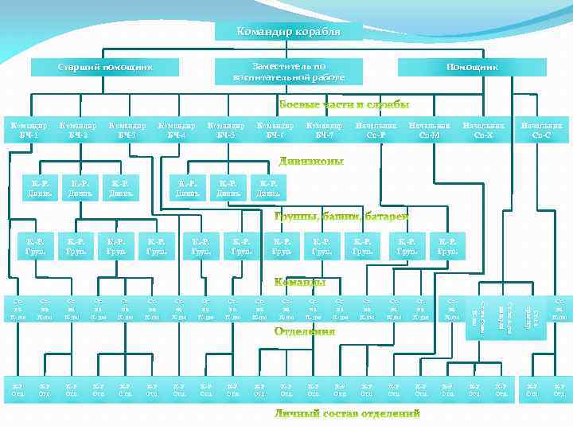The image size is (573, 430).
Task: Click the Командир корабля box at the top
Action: (289, 32)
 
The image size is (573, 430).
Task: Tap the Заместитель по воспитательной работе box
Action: (289, 72)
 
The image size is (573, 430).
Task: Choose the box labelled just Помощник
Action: (472, 67)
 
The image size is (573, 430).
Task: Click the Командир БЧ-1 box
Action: (27, 130)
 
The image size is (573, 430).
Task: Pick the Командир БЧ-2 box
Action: (77, 130)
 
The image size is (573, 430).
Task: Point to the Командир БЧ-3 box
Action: (127, 130)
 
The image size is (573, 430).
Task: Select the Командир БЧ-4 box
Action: (177, 130)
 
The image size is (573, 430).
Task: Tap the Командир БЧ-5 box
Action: (225, 130)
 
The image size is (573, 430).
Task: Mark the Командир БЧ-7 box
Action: (324, 130)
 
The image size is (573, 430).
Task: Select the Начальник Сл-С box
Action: (540, 130)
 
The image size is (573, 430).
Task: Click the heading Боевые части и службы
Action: (345, 105)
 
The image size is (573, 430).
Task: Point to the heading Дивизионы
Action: (311, 162)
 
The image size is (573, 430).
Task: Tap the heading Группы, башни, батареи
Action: (341, 217)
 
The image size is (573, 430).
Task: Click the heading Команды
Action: (299, 282)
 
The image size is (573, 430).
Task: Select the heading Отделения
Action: (305, 330)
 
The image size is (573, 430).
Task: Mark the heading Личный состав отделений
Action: (347, 414)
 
